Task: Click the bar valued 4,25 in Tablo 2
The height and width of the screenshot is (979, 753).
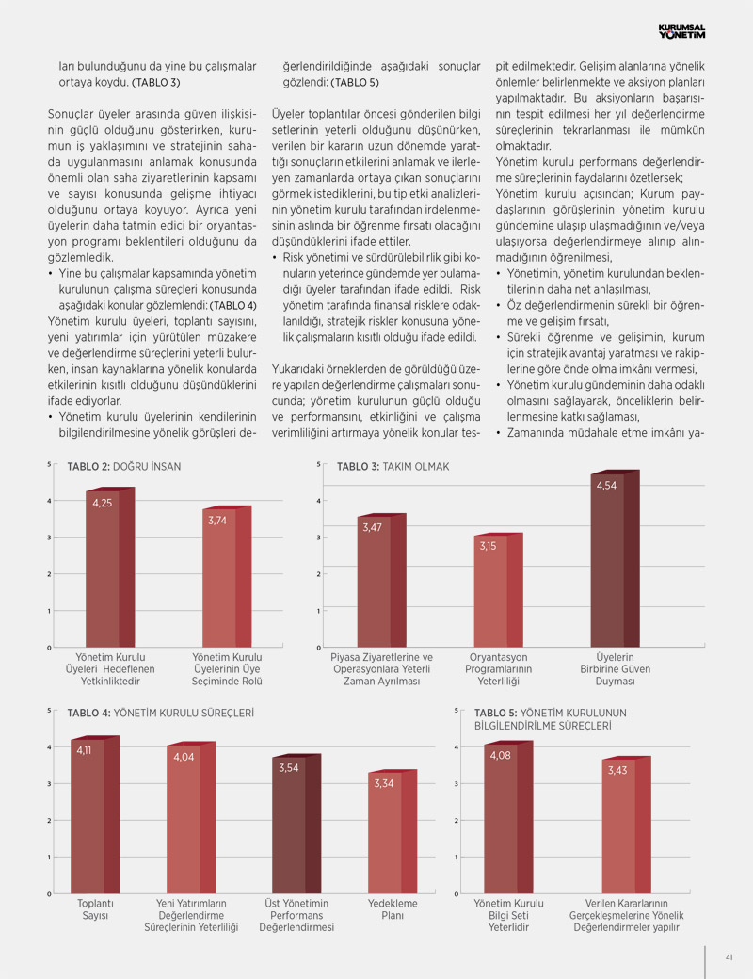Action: point(110,568)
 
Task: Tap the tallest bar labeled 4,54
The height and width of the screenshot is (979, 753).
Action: point(615,559)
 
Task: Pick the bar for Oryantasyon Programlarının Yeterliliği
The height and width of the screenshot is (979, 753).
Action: point(498,590)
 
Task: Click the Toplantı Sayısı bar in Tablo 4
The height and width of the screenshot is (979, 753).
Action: point(95,815)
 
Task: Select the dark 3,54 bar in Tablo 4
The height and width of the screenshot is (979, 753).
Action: point(296,825)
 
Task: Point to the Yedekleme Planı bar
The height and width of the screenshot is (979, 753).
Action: point(393,831)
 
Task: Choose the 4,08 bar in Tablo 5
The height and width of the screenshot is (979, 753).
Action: point(508,817)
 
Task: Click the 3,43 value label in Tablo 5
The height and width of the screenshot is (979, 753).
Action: point(617,770)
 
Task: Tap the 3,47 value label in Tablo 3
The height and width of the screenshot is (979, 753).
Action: point(372,527)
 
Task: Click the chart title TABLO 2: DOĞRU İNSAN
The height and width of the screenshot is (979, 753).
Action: point(123,466)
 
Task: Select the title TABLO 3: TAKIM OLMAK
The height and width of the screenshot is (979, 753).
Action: point(393,466)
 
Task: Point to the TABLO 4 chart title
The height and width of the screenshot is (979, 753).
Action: point(160,713)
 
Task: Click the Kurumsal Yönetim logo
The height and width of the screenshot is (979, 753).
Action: point(681,31)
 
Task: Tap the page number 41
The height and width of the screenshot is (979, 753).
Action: point(729,957)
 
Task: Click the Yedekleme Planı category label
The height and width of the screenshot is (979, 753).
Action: point(393,909)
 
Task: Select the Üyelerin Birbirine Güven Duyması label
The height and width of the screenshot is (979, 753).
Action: point(615,668)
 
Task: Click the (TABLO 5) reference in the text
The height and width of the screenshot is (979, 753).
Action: point(355,83)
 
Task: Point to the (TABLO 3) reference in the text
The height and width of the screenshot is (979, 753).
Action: point(155,83)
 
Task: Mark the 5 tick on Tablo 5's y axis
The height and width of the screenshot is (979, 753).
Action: point(457,711)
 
